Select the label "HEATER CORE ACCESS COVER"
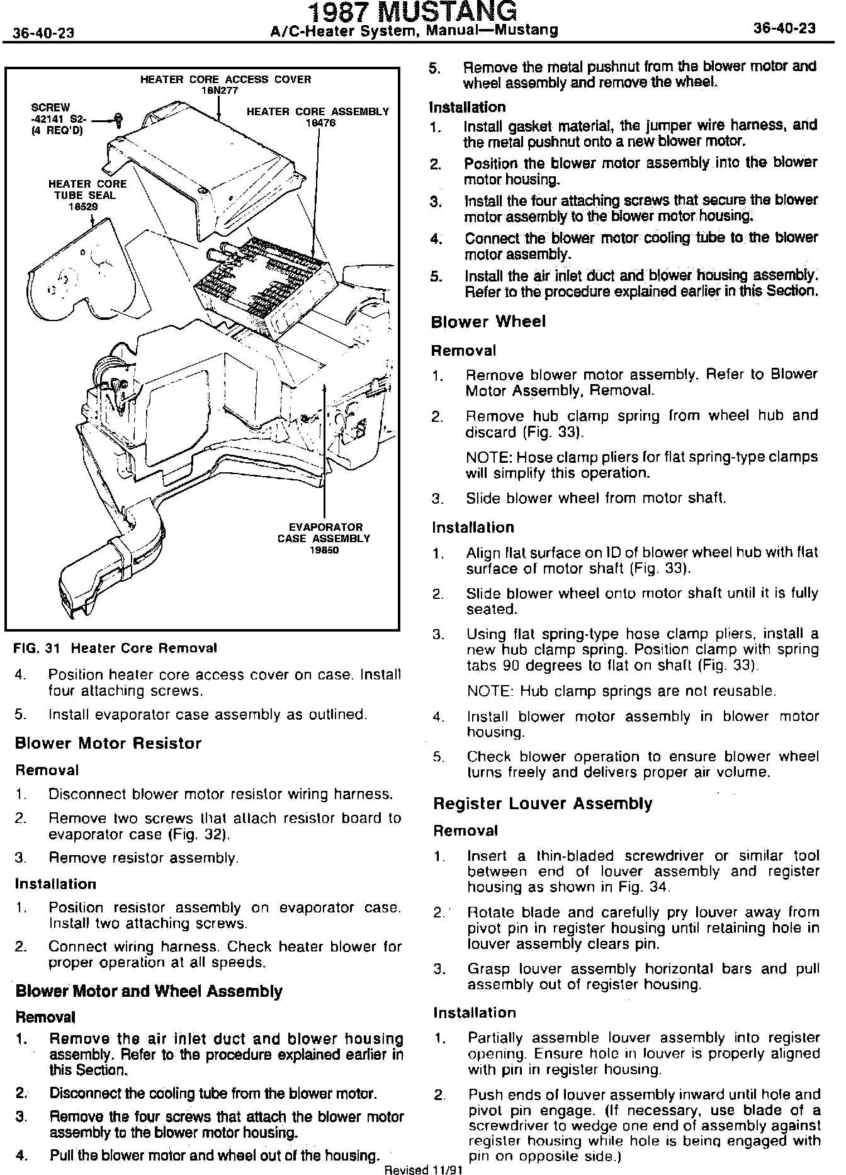pos(225,79)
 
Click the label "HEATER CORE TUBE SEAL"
pos(87,190)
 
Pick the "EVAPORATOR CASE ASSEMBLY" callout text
pos(324,533)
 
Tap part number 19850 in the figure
pos(324,550)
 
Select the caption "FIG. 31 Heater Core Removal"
pos(116,648)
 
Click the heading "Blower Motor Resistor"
pos(108,743)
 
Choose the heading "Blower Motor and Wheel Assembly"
pos(149,992)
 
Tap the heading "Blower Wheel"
pos(488,322)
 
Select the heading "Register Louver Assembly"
pos(543,803)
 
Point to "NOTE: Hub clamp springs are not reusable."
pos(621,691)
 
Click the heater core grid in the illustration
pos(264,280)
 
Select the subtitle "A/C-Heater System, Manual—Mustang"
pos(413,30)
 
